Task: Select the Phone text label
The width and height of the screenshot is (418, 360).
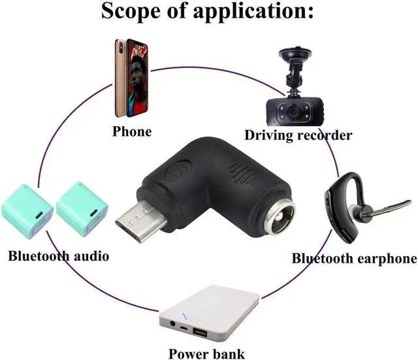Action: pos(132,131)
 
